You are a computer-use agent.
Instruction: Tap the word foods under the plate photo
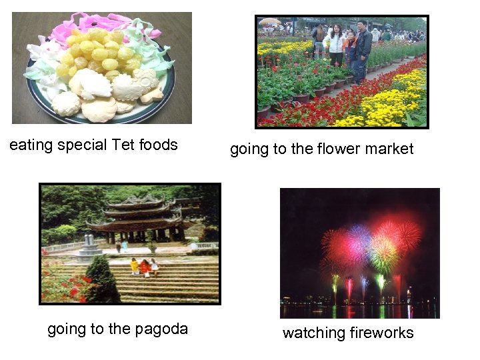(x=159, y=145)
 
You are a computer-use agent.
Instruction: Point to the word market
(x=389, y=149)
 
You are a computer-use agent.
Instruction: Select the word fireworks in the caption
(x=382, y=333)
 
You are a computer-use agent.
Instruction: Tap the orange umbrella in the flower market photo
(x=270, y=22)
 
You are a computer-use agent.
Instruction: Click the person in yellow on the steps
(x=135, y=266)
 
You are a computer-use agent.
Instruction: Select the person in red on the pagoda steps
(x=145, y=267)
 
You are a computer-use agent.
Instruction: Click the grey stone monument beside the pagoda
(x=88, y=247)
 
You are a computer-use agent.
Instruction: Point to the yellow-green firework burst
(x=383, y=254)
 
